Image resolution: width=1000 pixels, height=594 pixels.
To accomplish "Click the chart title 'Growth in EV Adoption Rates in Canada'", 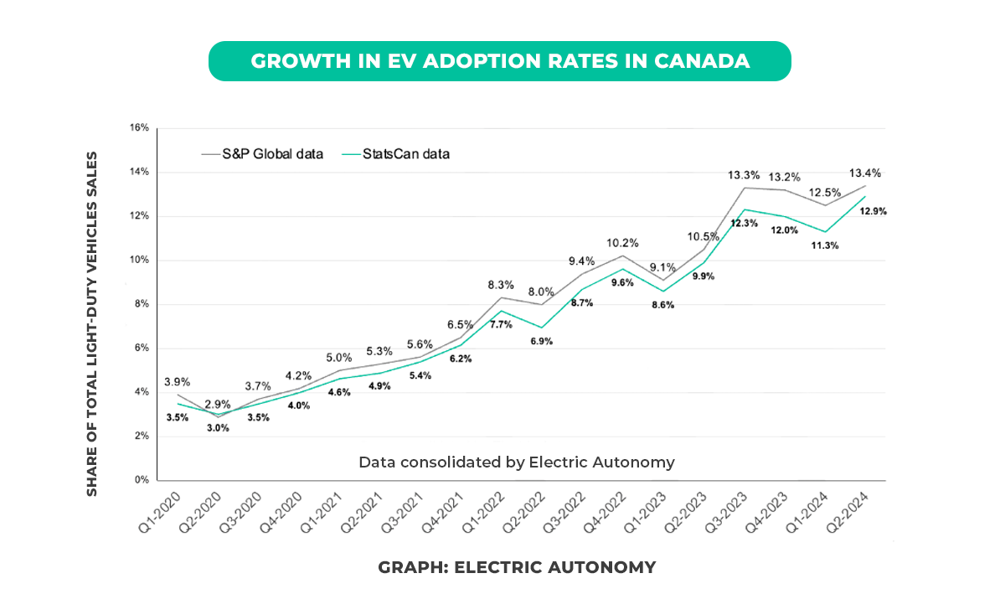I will pos(499,61).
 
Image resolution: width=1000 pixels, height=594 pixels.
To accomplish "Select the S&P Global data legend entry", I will pos(262,154).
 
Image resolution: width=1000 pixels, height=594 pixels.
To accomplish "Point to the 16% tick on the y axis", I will pos(139,128).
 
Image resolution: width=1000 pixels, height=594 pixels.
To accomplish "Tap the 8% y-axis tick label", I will pos(142,304).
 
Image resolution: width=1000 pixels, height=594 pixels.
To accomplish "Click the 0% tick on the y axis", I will pos(142,481).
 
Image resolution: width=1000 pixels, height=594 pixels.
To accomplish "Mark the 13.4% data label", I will pos(865,173).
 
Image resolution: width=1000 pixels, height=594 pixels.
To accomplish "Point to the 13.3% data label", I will pos(744,175).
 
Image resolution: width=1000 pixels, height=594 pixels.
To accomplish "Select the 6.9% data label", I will pos(540,341).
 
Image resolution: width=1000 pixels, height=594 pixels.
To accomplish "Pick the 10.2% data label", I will pos(622,243).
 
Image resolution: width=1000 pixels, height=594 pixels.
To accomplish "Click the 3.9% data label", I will pos(176,381).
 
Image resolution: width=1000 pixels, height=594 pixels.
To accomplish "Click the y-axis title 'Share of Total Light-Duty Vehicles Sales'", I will pos(92,323).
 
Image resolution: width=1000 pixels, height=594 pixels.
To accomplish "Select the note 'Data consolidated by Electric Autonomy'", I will pos(517,462).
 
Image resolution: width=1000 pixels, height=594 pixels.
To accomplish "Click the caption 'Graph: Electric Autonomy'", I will pos(517,567).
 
